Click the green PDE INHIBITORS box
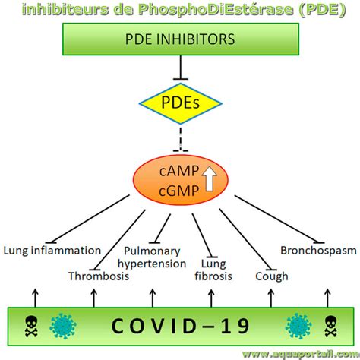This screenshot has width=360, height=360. (181, 39)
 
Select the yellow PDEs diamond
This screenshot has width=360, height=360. (181, 103)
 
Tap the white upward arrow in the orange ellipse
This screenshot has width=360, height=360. (210, 178)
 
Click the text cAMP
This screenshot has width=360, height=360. (179, 171)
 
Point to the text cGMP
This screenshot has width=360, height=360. (179, 191)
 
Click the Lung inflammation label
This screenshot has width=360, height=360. (52, 251)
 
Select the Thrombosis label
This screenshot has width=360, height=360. (99, 276)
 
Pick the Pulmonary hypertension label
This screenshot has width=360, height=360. (152, 257)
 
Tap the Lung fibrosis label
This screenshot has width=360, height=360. (213, 270)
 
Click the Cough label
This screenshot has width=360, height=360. (272, 276)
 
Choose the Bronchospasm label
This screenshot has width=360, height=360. (318, 251)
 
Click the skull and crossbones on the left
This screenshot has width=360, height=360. (31, 326)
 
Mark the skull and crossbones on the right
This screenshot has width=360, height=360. (331, 326)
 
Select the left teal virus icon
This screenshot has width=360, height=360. (63, 326)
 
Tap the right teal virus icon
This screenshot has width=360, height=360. (298, 326)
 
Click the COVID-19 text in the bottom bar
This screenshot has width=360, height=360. (181, 326)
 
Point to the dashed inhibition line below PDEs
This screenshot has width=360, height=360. (181, 139)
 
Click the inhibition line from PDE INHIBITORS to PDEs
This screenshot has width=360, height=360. (181, 68)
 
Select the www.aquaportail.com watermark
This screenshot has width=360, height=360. (301, 355)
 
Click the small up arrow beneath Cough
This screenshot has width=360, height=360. (271, 298)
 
